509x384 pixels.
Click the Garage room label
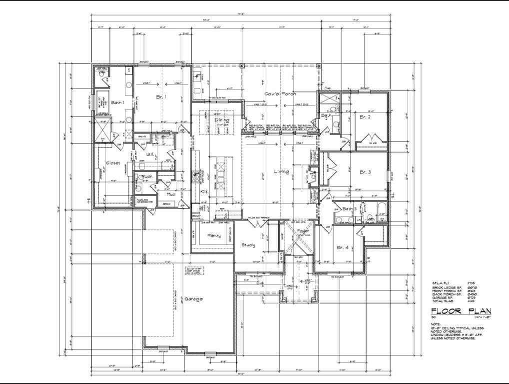pyautogui.click(x=193, y=299)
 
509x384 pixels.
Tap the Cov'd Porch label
pyautogui.click(x=280, y=94)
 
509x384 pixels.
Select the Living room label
pyautogui.click(x=281, y=172)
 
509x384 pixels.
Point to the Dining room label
pyautogui.click(x=222, y=120)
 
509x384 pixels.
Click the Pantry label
pyautogui.click(x=214, y=235)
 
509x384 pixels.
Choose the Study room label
pyautogui.click(x=248, y=245)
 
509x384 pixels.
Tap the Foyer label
pyautogui.click(x=303, y=231)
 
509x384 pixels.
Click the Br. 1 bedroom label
pyautogui.click(x=161, y=97)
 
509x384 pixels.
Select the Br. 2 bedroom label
pyautogui.click(x=365, y=116)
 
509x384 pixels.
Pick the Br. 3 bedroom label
pyautogui.click(x=365, y=172)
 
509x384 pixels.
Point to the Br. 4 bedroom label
pyautogui.click(x=343, y=247)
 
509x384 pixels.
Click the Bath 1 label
pyautogui.click(x=117, y=102)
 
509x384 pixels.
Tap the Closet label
pyautogui.click(x=112, y=163)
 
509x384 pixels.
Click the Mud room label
pyautogui.click(x=171, y=194)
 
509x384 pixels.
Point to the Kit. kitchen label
pyautogui.click(x=204, y=191)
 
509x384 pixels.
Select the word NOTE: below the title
pyautogui.click(x=436, y=323)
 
